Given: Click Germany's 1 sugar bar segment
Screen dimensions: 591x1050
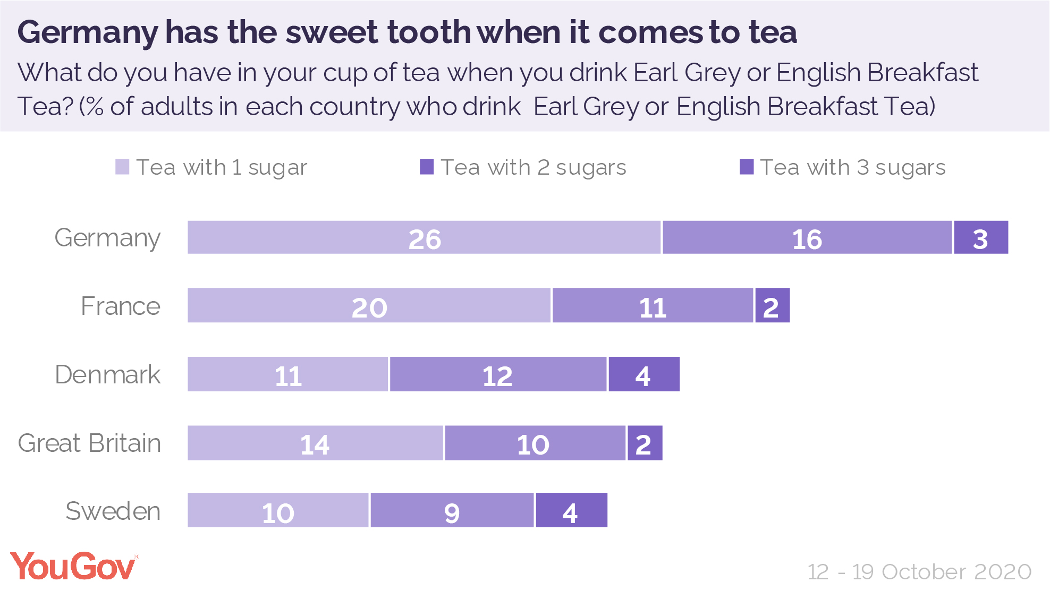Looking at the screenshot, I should (424, 237).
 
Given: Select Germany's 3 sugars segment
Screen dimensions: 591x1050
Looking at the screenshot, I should (980, 237).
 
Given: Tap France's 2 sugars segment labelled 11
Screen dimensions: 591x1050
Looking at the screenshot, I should (653, 305).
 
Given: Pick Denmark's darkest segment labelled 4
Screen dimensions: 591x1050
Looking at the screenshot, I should (643, 374).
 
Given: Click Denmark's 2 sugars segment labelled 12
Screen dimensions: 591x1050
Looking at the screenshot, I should (498, 374).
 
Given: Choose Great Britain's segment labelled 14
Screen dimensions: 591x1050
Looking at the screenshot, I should (315, 443).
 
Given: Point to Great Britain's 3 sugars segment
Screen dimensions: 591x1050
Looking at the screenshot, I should (645, 443).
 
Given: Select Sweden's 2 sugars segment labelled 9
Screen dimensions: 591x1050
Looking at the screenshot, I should (452, 510).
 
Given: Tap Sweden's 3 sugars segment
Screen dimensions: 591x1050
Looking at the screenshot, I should (571, 510).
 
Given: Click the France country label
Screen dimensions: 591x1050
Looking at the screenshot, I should (121, 306).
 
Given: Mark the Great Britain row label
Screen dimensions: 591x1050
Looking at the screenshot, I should (89, 443).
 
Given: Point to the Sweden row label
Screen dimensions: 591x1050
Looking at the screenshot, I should (113, 511).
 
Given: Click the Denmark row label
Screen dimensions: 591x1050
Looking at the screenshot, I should (107, 374).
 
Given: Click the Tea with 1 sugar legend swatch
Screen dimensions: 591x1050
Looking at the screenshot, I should (122, 167).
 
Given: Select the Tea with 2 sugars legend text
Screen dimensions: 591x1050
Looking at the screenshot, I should (534, 167).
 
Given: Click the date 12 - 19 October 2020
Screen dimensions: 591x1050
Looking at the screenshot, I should (919, 572).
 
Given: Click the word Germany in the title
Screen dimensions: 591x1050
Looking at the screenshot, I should (88, 32).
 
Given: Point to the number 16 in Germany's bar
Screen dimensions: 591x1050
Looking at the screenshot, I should (807, 239).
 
